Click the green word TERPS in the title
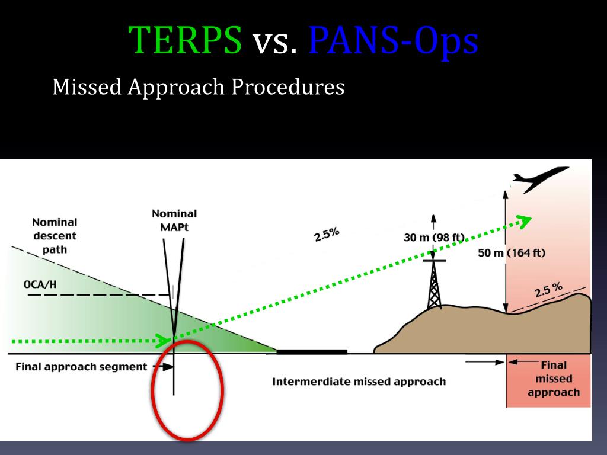pos(186,41)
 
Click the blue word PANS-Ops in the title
pos(393,41)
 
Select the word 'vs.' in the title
pos(275,43)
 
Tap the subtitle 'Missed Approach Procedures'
pos(198,88)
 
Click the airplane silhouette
pos(539,180)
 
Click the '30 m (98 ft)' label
pos(434,238)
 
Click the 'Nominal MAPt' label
pos(174,220)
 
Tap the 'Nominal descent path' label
pos(55,236)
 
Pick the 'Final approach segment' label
pos(81,367)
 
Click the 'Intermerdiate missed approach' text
pos(359,382)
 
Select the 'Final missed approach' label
pos(554,379)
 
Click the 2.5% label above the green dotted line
pos(327,235)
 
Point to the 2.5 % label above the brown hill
pos(548,291)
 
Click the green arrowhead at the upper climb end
pos(524,221)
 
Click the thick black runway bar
pos(312,352)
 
